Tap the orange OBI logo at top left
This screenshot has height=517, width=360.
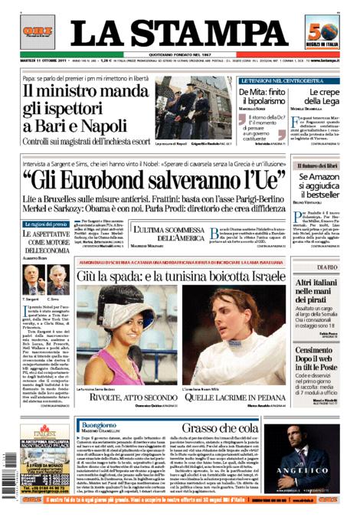(x=36, y=31)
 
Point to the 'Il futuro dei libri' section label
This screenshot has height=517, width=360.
(x=317, y=165)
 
